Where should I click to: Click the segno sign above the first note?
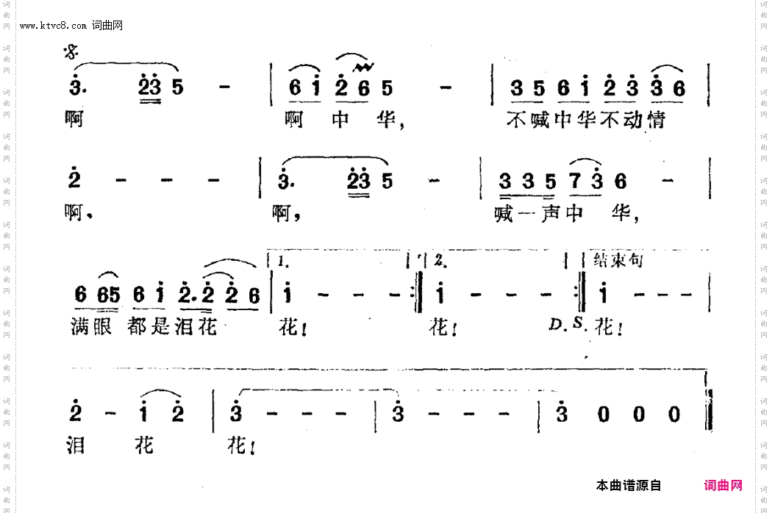71,51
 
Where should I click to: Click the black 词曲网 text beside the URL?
107,25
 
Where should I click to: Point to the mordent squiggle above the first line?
361,68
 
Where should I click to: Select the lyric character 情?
655,119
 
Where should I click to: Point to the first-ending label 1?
285,261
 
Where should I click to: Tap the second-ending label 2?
439,261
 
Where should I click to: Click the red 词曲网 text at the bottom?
723,485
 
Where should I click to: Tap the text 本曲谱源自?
629,485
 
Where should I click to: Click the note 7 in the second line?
577,181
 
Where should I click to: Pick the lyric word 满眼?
93,326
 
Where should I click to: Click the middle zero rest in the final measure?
638,415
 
